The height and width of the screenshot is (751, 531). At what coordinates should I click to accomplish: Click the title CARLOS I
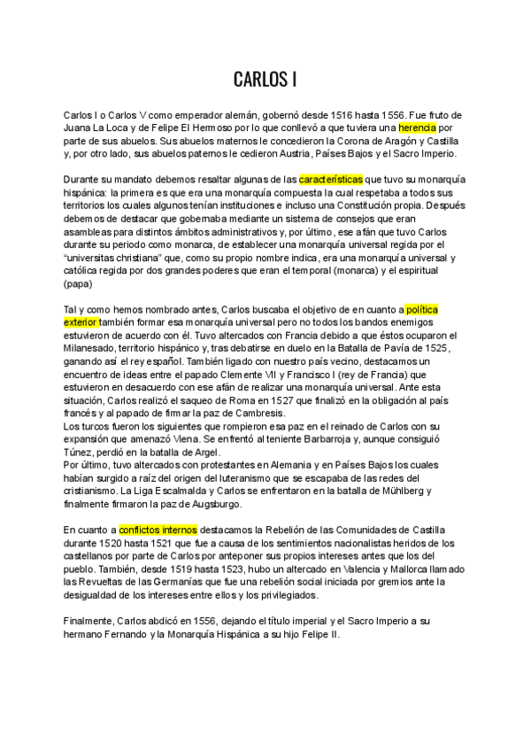[265, 80]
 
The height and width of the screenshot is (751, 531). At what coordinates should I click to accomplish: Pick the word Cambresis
[258, 413]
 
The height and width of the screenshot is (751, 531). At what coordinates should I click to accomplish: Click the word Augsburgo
[213, 504]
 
